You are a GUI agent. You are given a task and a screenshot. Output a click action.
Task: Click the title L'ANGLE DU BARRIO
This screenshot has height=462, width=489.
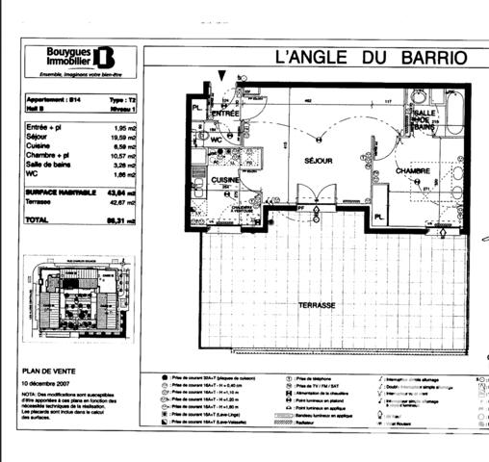coord(372,57)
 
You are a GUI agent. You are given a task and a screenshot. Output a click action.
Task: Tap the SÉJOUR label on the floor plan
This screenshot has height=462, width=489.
coord(319,161)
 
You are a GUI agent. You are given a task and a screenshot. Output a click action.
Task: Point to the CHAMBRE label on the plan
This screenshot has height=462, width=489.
coord(411,170)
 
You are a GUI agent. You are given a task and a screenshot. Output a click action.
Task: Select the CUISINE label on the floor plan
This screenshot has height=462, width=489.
coord(225,180)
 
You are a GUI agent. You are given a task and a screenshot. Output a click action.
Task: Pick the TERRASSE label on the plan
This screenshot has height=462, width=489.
coord(317,304)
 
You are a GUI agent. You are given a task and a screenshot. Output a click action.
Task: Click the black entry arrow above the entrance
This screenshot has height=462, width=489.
coord(224,76)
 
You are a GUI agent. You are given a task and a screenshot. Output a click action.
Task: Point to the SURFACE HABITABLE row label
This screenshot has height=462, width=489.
coord(61,192)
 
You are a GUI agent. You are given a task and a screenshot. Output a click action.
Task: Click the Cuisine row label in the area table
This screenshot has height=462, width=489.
coord(38,145)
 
